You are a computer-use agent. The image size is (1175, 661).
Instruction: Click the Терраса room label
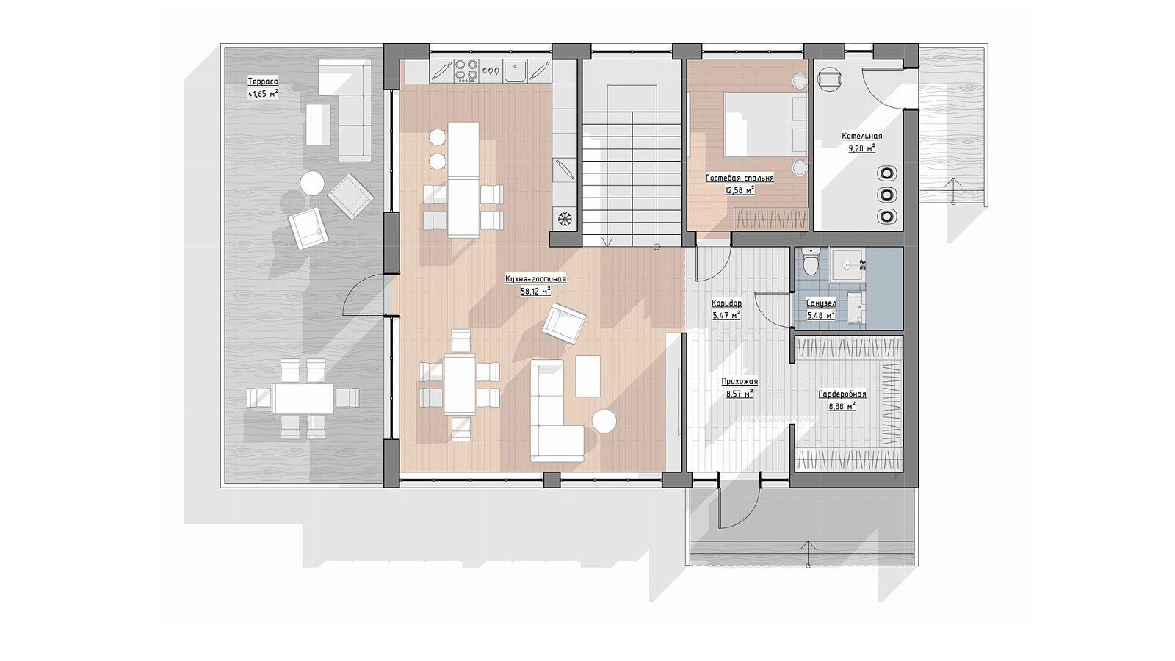tap(263, 82)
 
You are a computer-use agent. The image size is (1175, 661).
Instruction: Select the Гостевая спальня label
tap(740, 178)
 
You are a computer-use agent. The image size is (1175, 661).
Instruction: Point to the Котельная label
tap(862, 137)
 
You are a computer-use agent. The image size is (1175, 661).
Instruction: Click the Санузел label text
tap(821, 303)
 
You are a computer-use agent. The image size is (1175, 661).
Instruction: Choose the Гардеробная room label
tap(842, 394)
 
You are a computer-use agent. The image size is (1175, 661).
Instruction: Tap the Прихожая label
tap(740, 381)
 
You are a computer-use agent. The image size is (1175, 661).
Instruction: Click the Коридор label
tap(726, 303)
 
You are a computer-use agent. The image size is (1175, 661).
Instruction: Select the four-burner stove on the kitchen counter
tap(466, 71)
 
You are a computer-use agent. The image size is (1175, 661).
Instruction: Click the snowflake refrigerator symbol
tap(565, 219)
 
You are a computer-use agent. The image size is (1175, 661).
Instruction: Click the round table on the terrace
tap(312, 184)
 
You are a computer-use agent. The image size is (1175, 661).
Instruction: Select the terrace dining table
tap(303, 399)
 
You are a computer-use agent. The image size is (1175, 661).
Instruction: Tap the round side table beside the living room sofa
tap(604, 422)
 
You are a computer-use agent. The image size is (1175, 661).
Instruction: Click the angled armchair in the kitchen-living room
tap(564, 323)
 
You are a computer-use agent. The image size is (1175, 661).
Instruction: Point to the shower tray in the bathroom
tap(845, 266)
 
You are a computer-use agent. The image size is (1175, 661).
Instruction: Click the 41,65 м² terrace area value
tap(263, 95)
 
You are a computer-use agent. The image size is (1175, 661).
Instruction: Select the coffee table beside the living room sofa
tap(588, 376)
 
